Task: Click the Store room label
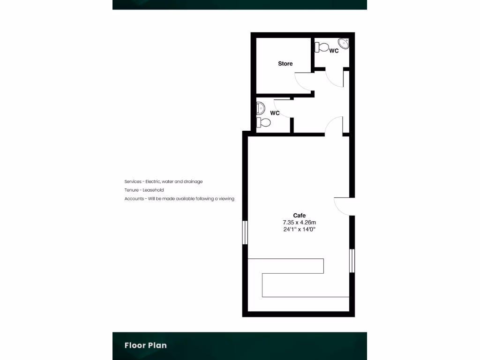pyautogui.click(x=285, y=64)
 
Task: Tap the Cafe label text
pyautogui.click(x=300, y=216)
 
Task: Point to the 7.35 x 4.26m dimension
pyautogui.click(x=300, y=222)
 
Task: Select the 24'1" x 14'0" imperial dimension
pyautogui.click(x=300, y=229)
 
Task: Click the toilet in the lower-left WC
pyautogui.click(x=263, y=122)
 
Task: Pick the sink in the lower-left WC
pyautogui.click(x=261, y=108)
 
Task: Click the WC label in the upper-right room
pyautogui.click(x=334, y=51)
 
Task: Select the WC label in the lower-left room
pyautogui.click(x=275, y=113)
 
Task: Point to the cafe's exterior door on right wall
pyautogui.click(x=344, y=206)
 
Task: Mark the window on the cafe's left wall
pyautogui.click(x=245, y=232)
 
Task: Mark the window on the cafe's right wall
pyautogui.click(x=352, y=261)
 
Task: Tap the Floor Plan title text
pyautogui.click(x=145, y=345)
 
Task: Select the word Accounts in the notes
pyautogui.click(x=134, y=199)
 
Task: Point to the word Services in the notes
pyautogui.click(x=133, y=181)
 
